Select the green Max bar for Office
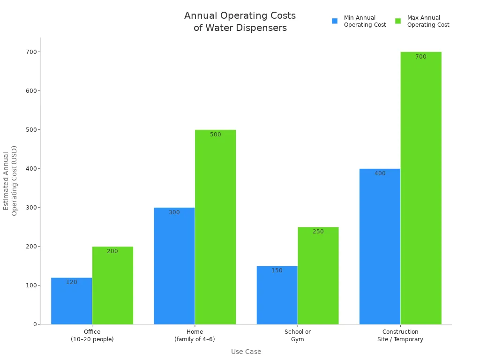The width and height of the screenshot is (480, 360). tap(112, 285)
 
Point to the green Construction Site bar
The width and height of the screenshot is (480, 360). tap(420, 188)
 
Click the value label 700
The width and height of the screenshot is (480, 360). tap(420, 57)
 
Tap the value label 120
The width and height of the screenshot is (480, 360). tap(72, 282)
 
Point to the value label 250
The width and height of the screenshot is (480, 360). tap(318, 232)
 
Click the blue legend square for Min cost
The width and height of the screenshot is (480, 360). tap(335, 21)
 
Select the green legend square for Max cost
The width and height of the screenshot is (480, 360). tap(398, 21)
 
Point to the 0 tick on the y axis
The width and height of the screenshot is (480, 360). tap(35, 324)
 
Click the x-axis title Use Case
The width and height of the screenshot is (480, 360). tap(246, 352)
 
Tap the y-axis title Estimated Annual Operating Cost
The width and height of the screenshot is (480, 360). tap(10, 180)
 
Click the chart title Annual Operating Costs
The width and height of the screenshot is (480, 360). tap(240, 22)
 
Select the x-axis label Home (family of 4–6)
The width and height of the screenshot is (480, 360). tap(195, 336)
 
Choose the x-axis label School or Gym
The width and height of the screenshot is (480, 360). tap(297, 336)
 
